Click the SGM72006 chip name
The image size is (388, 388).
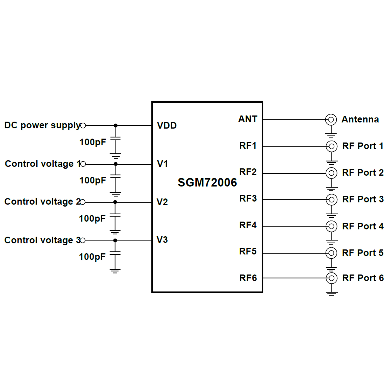pyautogui.click(x=207, y=182)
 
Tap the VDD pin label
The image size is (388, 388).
pyautogui.click(x=167, y=125)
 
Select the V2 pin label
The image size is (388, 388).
pyautogui.click(x=162, y=202)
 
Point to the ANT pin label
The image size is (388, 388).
pyautogui.click(x=247, y=119)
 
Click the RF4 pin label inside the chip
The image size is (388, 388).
pyautogui.click(x=248, y=225)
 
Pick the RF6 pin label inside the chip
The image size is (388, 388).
pyautogui.click(x=248, y=278)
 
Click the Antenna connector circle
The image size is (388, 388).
pyautogui.click(x=331, y=120)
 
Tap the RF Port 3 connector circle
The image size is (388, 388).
pyautogui.click(x=331, y=200)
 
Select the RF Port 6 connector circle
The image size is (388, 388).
pyautogui.click(x=331, y=278)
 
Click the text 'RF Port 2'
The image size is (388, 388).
pyautogui.click(x=363, y=173)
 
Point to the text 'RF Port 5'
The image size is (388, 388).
pyautogui.click(x=363, y=253)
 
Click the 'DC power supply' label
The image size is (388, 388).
pyautogui.click(x=42, y=125)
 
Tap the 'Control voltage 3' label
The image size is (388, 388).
pyautogui.click(x=42, y=240)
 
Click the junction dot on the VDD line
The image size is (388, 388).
pyautogui.click(x=116, y=125)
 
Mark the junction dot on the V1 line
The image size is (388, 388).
pyautogui.click(x=116, y=164)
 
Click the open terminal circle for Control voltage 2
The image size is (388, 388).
pyautogui.click(x=83, y=202)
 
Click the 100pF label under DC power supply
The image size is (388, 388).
pyautogui.click(x=93, y=142)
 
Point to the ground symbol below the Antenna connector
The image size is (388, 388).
pyautogui.click(x=331, y=135)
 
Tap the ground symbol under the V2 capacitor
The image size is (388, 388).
pyautogui.click(x=115, y=232)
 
